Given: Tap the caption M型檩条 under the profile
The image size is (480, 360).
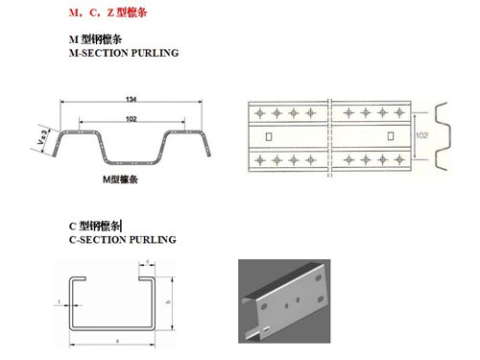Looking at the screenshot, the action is tap(121, 180).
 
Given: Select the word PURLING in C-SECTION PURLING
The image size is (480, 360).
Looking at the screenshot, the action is tap(150, 239).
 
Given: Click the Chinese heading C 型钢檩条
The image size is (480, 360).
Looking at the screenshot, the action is tap(95, 227).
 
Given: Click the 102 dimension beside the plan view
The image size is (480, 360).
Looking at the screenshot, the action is tap(420, 135).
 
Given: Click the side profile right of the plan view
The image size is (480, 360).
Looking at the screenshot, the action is tap(444, 135).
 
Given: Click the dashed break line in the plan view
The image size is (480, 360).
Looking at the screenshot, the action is tap(329, 135).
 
